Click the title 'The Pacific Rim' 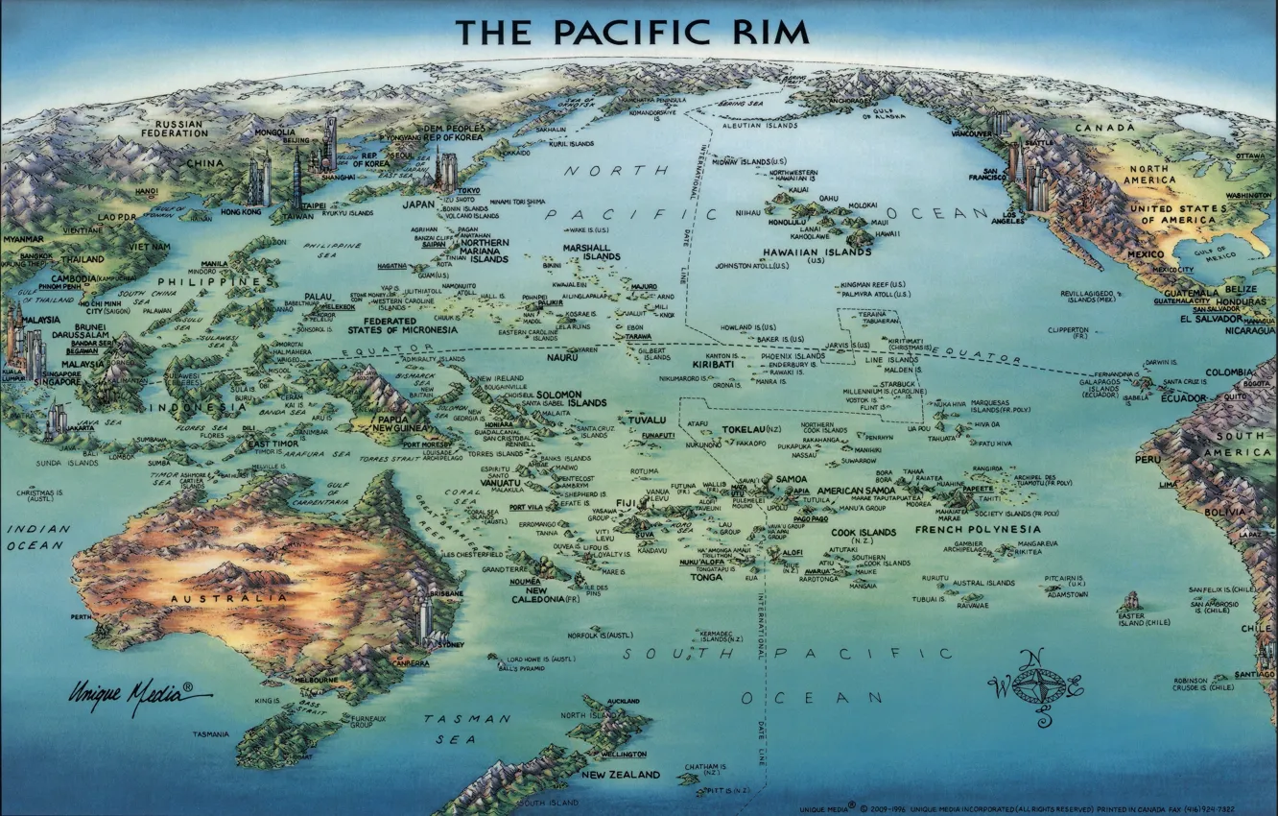[x=633, y=32]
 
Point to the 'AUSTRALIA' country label [x=228, y=597]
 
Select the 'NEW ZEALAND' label [x=620, y=774]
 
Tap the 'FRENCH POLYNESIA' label [x=978, y=529]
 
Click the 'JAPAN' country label [x=418, y=204]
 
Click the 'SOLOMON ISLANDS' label [x=571, y=398]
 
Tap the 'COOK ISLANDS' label [x=864, y=533]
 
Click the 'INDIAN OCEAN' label [x=39, y=537]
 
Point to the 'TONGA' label [x=705, y=577]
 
